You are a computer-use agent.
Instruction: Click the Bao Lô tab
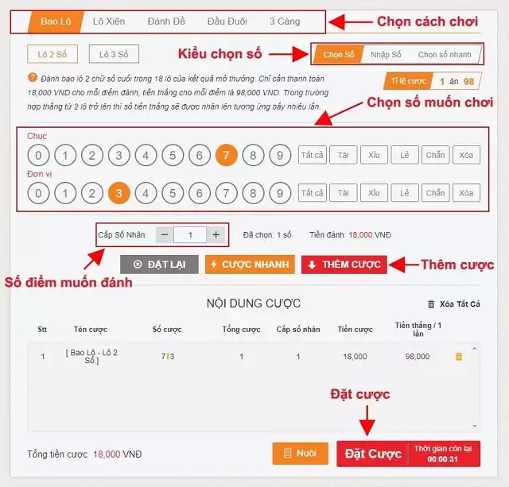tap(55, 21)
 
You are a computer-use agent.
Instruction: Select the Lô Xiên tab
tap(108, 21)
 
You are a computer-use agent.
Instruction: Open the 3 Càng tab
tap(284, 21)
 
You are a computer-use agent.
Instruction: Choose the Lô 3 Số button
tap(114, 54)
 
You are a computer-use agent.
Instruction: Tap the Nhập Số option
tap(386, 55)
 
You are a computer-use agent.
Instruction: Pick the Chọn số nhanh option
tap(445, 55)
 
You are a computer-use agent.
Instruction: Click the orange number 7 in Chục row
tap(226, 155)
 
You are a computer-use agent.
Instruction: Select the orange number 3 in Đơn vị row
tap(119, 193)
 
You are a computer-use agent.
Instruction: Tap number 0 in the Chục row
tap(38, 155)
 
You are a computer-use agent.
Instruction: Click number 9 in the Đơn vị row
tap(279, 193)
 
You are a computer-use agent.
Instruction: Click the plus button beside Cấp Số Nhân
tap(216, 235)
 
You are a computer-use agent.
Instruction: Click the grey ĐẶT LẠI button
tap(159, 265)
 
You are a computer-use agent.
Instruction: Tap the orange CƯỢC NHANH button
tap(250, 265)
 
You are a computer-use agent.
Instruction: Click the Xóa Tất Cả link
tap(453, 303)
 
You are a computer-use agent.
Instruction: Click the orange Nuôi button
tap(300, 454)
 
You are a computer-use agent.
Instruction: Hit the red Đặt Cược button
tap(372, 454)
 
